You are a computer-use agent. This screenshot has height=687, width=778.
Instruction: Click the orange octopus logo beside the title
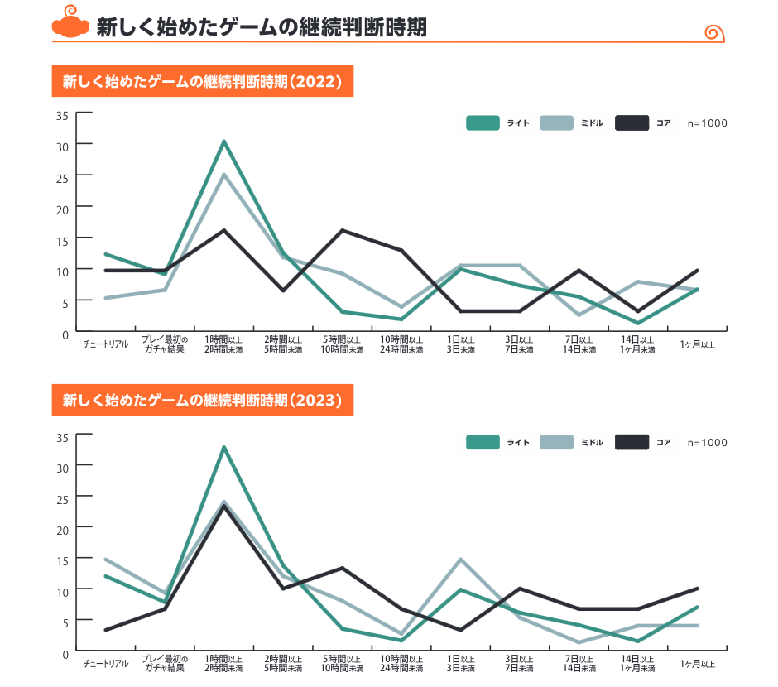point(70,26)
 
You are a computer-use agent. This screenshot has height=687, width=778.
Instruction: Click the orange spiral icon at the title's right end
point(714,33)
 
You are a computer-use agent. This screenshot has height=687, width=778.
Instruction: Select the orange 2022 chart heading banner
point(203,81)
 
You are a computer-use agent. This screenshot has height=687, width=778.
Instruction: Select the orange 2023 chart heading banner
point(203,400)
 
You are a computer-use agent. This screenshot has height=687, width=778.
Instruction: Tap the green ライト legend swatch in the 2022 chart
point(483,123)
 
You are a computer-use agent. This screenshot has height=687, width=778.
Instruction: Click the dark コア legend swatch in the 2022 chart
point(632,123)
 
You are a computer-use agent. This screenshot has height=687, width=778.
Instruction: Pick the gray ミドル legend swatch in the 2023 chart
point(556,443)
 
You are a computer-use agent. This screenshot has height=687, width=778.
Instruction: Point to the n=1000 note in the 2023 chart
point(708,443)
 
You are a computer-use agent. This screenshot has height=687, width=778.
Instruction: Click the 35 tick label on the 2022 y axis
point(62,115)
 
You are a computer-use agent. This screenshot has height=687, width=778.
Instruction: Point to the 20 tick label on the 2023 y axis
point(62,528)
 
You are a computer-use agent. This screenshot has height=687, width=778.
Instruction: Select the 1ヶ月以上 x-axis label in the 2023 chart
point(698,664)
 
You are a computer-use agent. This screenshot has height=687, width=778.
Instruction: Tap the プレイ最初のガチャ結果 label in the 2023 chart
point(165,664)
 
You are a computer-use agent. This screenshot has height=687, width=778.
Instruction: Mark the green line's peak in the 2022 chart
point(223,142)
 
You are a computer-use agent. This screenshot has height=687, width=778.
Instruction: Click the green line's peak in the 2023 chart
point(223,448)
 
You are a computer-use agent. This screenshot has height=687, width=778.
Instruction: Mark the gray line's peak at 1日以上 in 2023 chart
point(460,560)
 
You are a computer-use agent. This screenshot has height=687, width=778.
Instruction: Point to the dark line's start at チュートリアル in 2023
point(105,630)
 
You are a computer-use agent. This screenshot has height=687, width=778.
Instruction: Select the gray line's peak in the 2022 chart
point(223,175)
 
